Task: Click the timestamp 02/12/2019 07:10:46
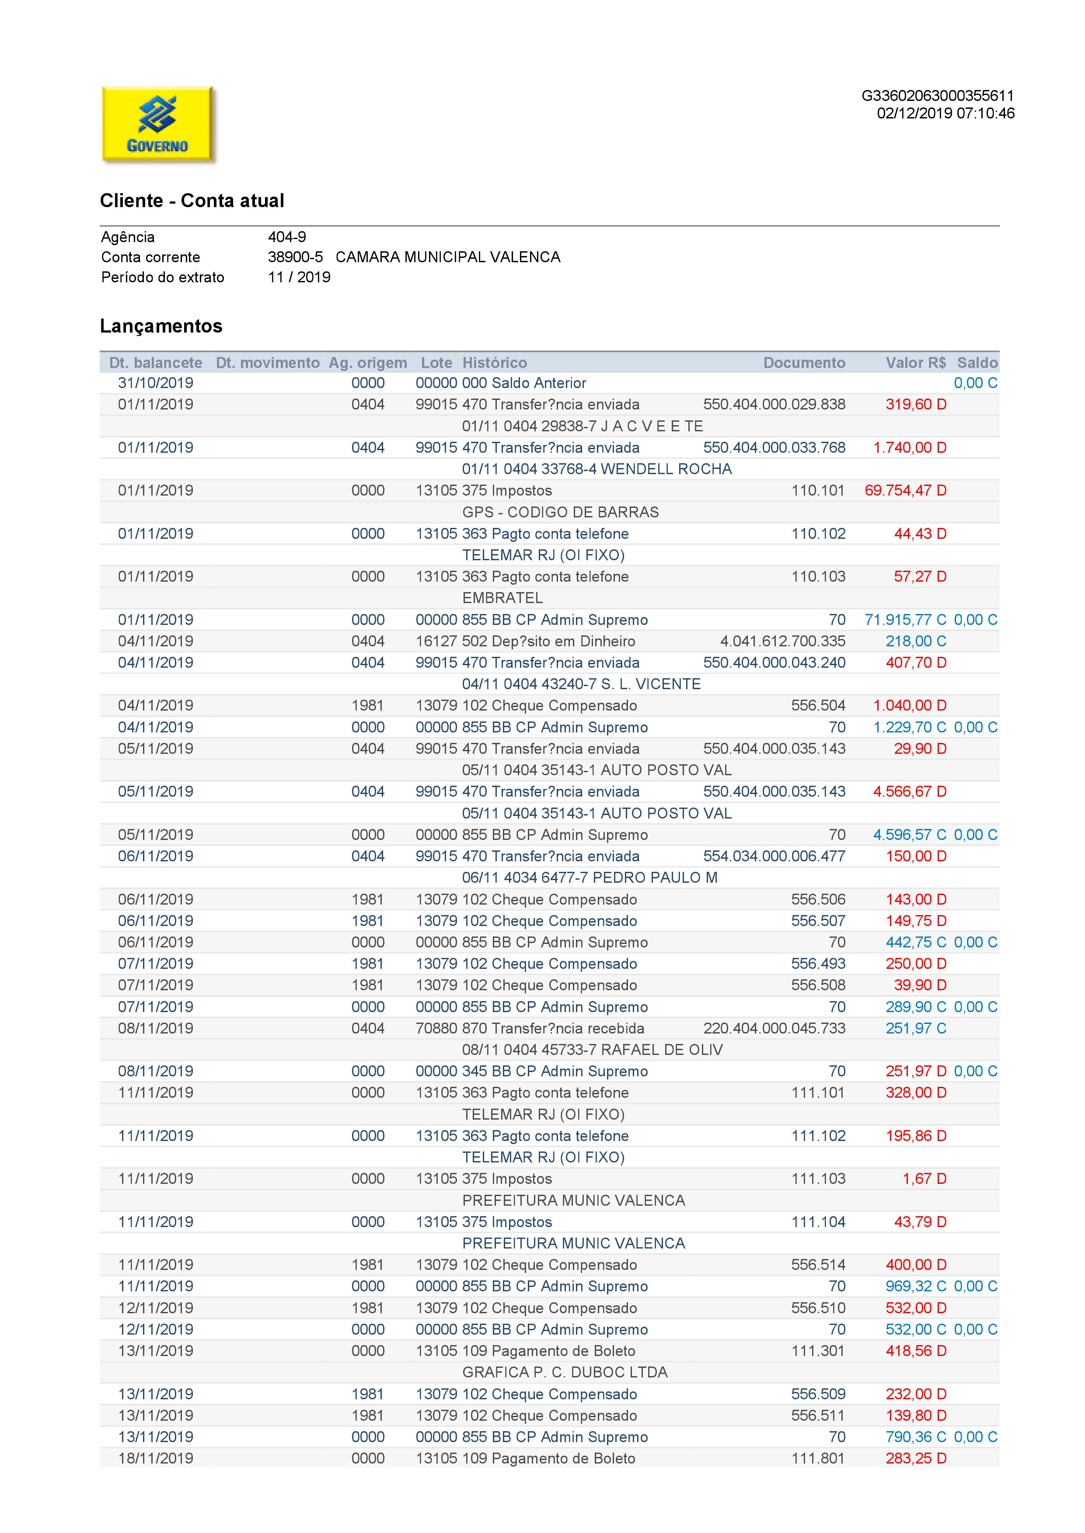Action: [x=945, y=114]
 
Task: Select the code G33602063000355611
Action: [x=937, y=96]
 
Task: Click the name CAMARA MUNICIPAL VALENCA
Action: [x=448, y=257]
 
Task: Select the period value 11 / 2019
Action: [x=299, y=277]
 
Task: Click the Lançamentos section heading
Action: [x=161, y=326]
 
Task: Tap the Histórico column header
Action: [x=495, y=363]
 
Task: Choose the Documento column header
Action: [x=804, y=363]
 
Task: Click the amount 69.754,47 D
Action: [x=905, y=491]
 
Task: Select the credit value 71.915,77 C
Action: [x=905, y=620]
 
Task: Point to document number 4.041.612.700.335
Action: [x=782, y=641]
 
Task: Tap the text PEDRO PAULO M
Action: [x=655, y=877]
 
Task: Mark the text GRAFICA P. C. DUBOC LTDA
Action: [x=565, y=1372]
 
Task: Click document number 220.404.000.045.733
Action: [x=775, y=1028]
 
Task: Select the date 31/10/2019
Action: [x=156, y=383]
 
